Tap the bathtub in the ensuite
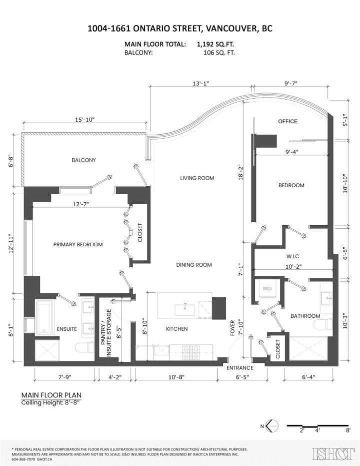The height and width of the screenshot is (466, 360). tap(45, 317)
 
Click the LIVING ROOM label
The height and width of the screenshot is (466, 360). tap(197, 178)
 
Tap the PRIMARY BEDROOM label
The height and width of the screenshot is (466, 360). tap(78, 244)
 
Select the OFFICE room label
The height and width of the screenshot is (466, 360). tap(287, 121)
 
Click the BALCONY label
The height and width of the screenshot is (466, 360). tap(83, 160)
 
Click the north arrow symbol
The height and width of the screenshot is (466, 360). tap(272, 426)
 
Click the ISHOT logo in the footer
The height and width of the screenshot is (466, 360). tap(330, 454)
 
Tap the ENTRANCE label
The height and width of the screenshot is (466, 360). tap(239, 368)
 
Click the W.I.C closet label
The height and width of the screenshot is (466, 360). tap(293, 256)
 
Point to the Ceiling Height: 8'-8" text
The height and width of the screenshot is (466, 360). tap(50, 402)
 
